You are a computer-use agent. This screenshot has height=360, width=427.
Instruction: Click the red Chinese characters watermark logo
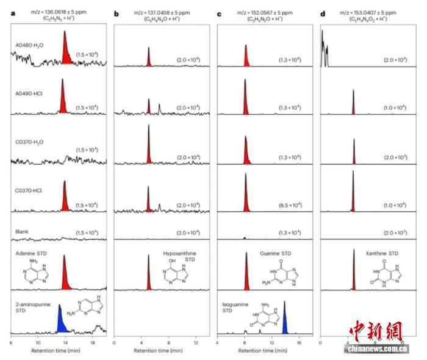pos(376,331)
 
